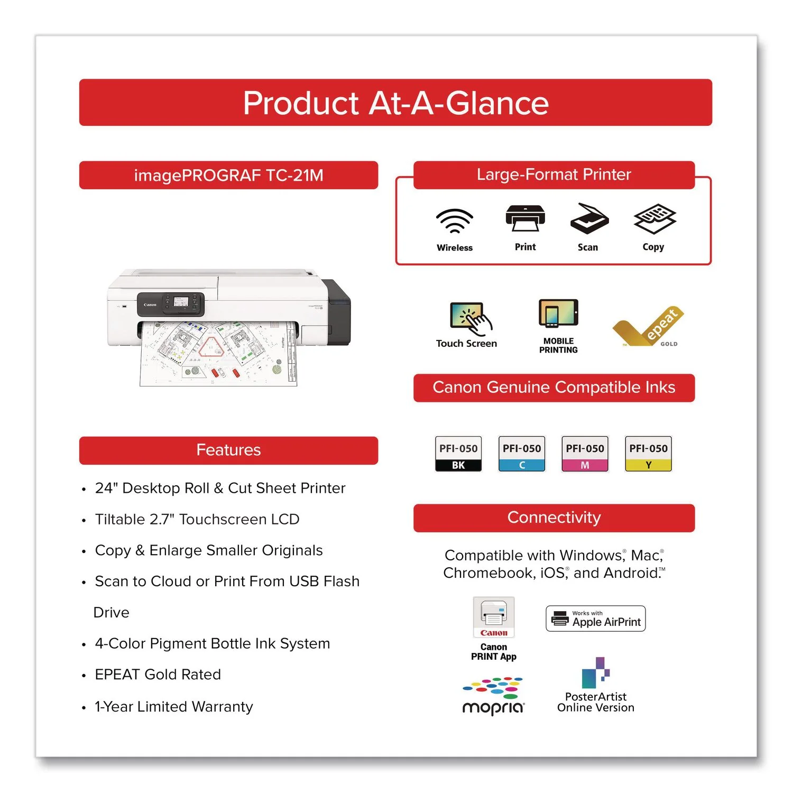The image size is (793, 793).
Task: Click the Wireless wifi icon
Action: click(455, 221)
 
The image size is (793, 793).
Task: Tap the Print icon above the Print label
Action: click(525, 218)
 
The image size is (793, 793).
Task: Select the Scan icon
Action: click(589, 218)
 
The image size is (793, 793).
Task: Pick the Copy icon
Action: click(655, 219)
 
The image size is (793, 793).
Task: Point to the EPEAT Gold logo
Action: click(648, 327)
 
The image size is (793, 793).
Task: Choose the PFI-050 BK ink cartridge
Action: click(458, 454)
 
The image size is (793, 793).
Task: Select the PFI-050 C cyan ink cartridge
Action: click(522, 454)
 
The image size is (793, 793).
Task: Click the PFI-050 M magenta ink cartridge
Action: click(585, 454)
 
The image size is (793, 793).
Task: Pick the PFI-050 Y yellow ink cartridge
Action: click(648, 454)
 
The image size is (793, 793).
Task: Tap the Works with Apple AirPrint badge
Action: click(596, 619)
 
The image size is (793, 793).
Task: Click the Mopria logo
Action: click(493, 696)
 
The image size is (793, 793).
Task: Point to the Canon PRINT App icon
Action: click(494, 617)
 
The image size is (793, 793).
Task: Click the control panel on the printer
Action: click(171, 304)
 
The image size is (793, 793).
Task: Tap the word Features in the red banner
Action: click(228, 450)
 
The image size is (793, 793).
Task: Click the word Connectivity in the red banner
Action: click(554, 518)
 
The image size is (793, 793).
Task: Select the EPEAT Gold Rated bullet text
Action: click(158, 675)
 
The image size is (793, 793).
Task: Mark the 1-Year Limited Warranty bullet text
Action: click(174, 707)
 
